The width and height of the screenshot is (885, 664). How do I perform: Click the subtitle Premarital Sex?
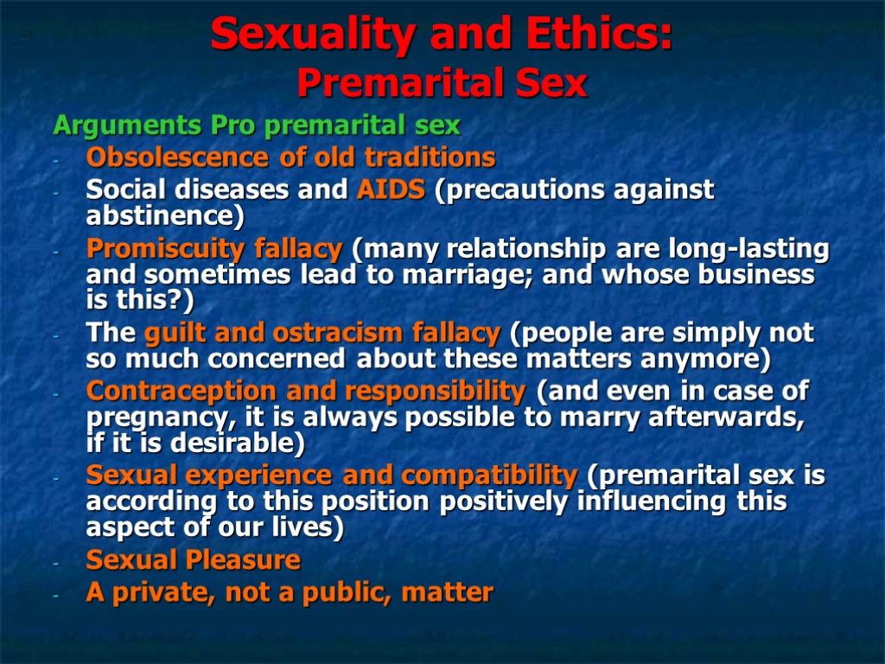click(x=442, y=84)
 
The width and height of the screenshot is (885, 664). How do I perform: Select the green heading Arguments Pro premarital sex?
click(x=257, y=126)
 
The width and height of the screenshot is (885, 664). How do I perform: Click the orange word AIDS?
click(x=391, y=189)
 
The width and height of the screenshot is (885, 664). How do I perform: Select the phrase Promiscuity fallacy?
click(x=214, y=250)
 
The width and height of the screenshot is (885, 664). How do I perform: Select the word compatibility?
click(x=489, y=476)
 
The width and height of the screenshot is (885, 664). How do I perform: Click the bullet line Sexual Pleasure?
click(x=193, y=560)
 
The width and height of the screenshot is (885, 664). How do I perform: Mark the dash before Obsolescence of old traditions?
click(x=56, y=159)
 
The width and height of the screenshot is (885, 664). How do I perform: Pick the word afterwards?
click(x=735, y=417)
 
